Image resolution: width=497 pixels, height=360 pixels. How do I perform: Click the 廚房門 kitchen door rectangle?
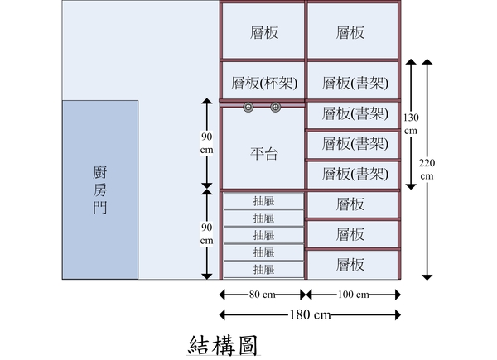(100, 190)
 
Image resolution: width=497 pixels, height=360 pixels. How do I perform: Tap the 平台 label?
(264, 154)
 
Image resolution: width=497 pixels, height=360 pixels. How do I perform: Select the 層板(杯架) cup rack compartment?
(263, 80)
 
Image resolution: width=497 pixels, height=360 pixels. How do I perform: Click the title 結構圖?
(223, 345)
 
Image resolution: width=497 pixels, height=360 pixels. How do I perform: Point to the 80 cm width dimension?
(262, 295)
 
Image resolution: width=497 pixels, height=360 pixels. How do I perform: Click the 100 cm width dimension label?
(353, 295)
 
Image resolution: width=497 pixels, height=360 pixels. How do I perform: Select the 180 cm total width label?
(310, 314)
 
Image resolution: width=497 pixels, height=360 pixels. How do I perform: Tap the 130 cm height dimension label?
(411, 124)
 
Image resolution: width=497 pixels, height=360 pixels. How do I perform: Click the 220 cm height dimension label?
(427, 170)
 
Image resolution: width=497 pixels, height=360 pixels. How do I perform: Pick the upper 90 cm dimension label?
(206, 143)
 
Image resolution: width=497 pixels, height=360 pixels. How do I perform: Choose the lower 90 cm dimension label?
(206, 234)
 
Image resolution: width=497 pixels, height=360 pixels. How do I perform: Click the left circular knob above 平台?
(248, 108)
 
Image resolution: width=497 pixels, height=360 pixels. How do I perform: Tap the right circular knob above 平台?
(276, 108)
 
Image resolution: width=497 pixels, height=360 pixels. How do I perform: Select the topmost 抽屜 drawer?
(263, 201)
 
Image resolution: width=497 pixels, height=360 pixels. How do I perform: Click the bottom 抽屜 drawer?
(263, 270)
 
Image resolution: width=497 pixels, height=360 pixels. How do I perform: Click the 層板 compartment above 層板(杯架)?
(263, 31)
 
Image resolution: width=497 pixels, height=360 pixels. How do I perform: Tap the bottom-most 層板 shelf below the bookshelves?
(353, 265)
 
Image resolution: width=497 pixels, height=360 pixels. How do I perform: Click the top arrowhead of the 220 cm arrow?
(427, 61)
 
